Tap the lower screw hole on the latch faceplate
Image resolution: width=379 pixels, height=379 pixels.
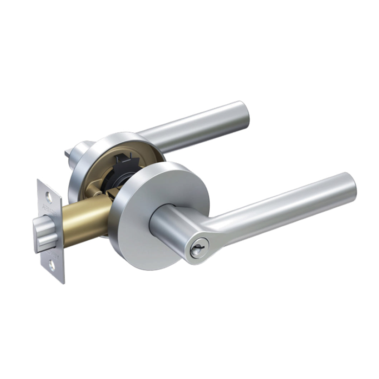click(52, 265)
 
